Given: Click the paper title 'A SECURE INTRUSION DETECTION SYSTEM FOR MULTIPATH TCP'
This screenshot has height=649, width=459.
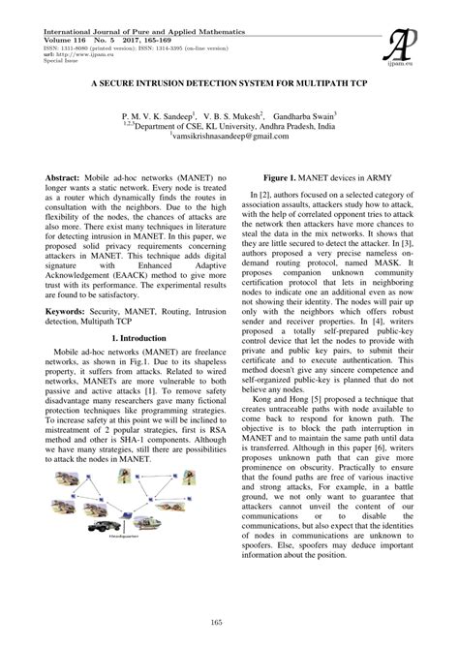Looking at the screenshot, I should coord(229,84).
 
